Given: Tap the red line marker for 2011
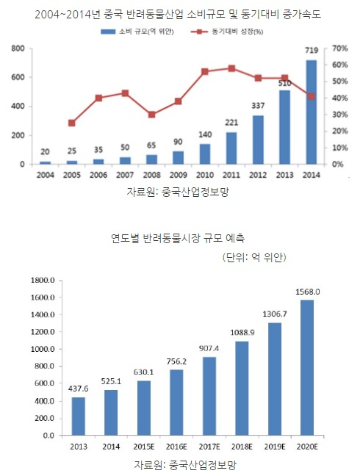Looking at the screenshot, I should click(x=231, y=68).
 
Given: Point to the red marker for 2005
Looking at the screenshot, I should click(x=71, y=123).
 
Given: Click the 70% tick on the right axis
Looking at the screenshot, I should click(x=339, y=48).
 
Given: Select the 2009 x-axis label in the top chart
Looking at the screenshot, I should click(x=178, y=174).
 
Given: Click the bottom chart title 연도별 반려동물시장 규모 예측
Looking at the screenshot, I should click(x=179, y=238).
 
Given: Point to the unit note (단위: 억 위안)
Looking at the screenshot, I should click(x=253, y=257).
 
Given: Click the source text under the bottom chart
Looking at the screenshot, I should click(x=179, y=465).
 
